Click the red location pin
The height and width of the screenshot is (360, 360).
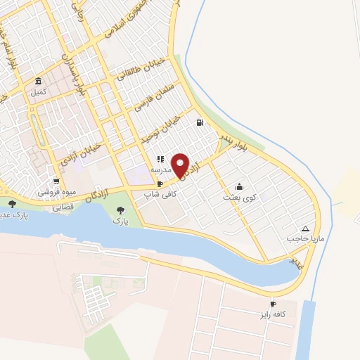(181, 165)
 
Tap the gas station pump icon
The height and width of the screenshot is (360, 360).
(200, 123)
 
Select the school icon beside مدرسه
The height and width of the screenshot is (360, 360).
(160, 159)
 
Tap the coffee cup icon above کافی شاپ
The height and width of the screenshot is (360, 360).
(160, 184)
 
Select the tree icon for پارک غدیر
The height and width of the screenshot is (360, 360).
(12, 204)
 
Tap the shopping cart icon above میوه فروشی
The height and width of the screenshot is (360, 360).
(56, 181)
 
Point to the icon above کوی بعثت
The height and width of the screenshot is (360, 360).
(239, 187)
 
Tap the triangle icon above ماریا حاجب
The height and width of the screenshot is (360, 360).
(305, 229)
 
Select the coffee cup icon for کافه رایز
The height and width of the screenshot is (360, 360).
(274, 304)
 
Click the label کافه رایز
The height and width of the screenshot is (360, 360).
(273, 314)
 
